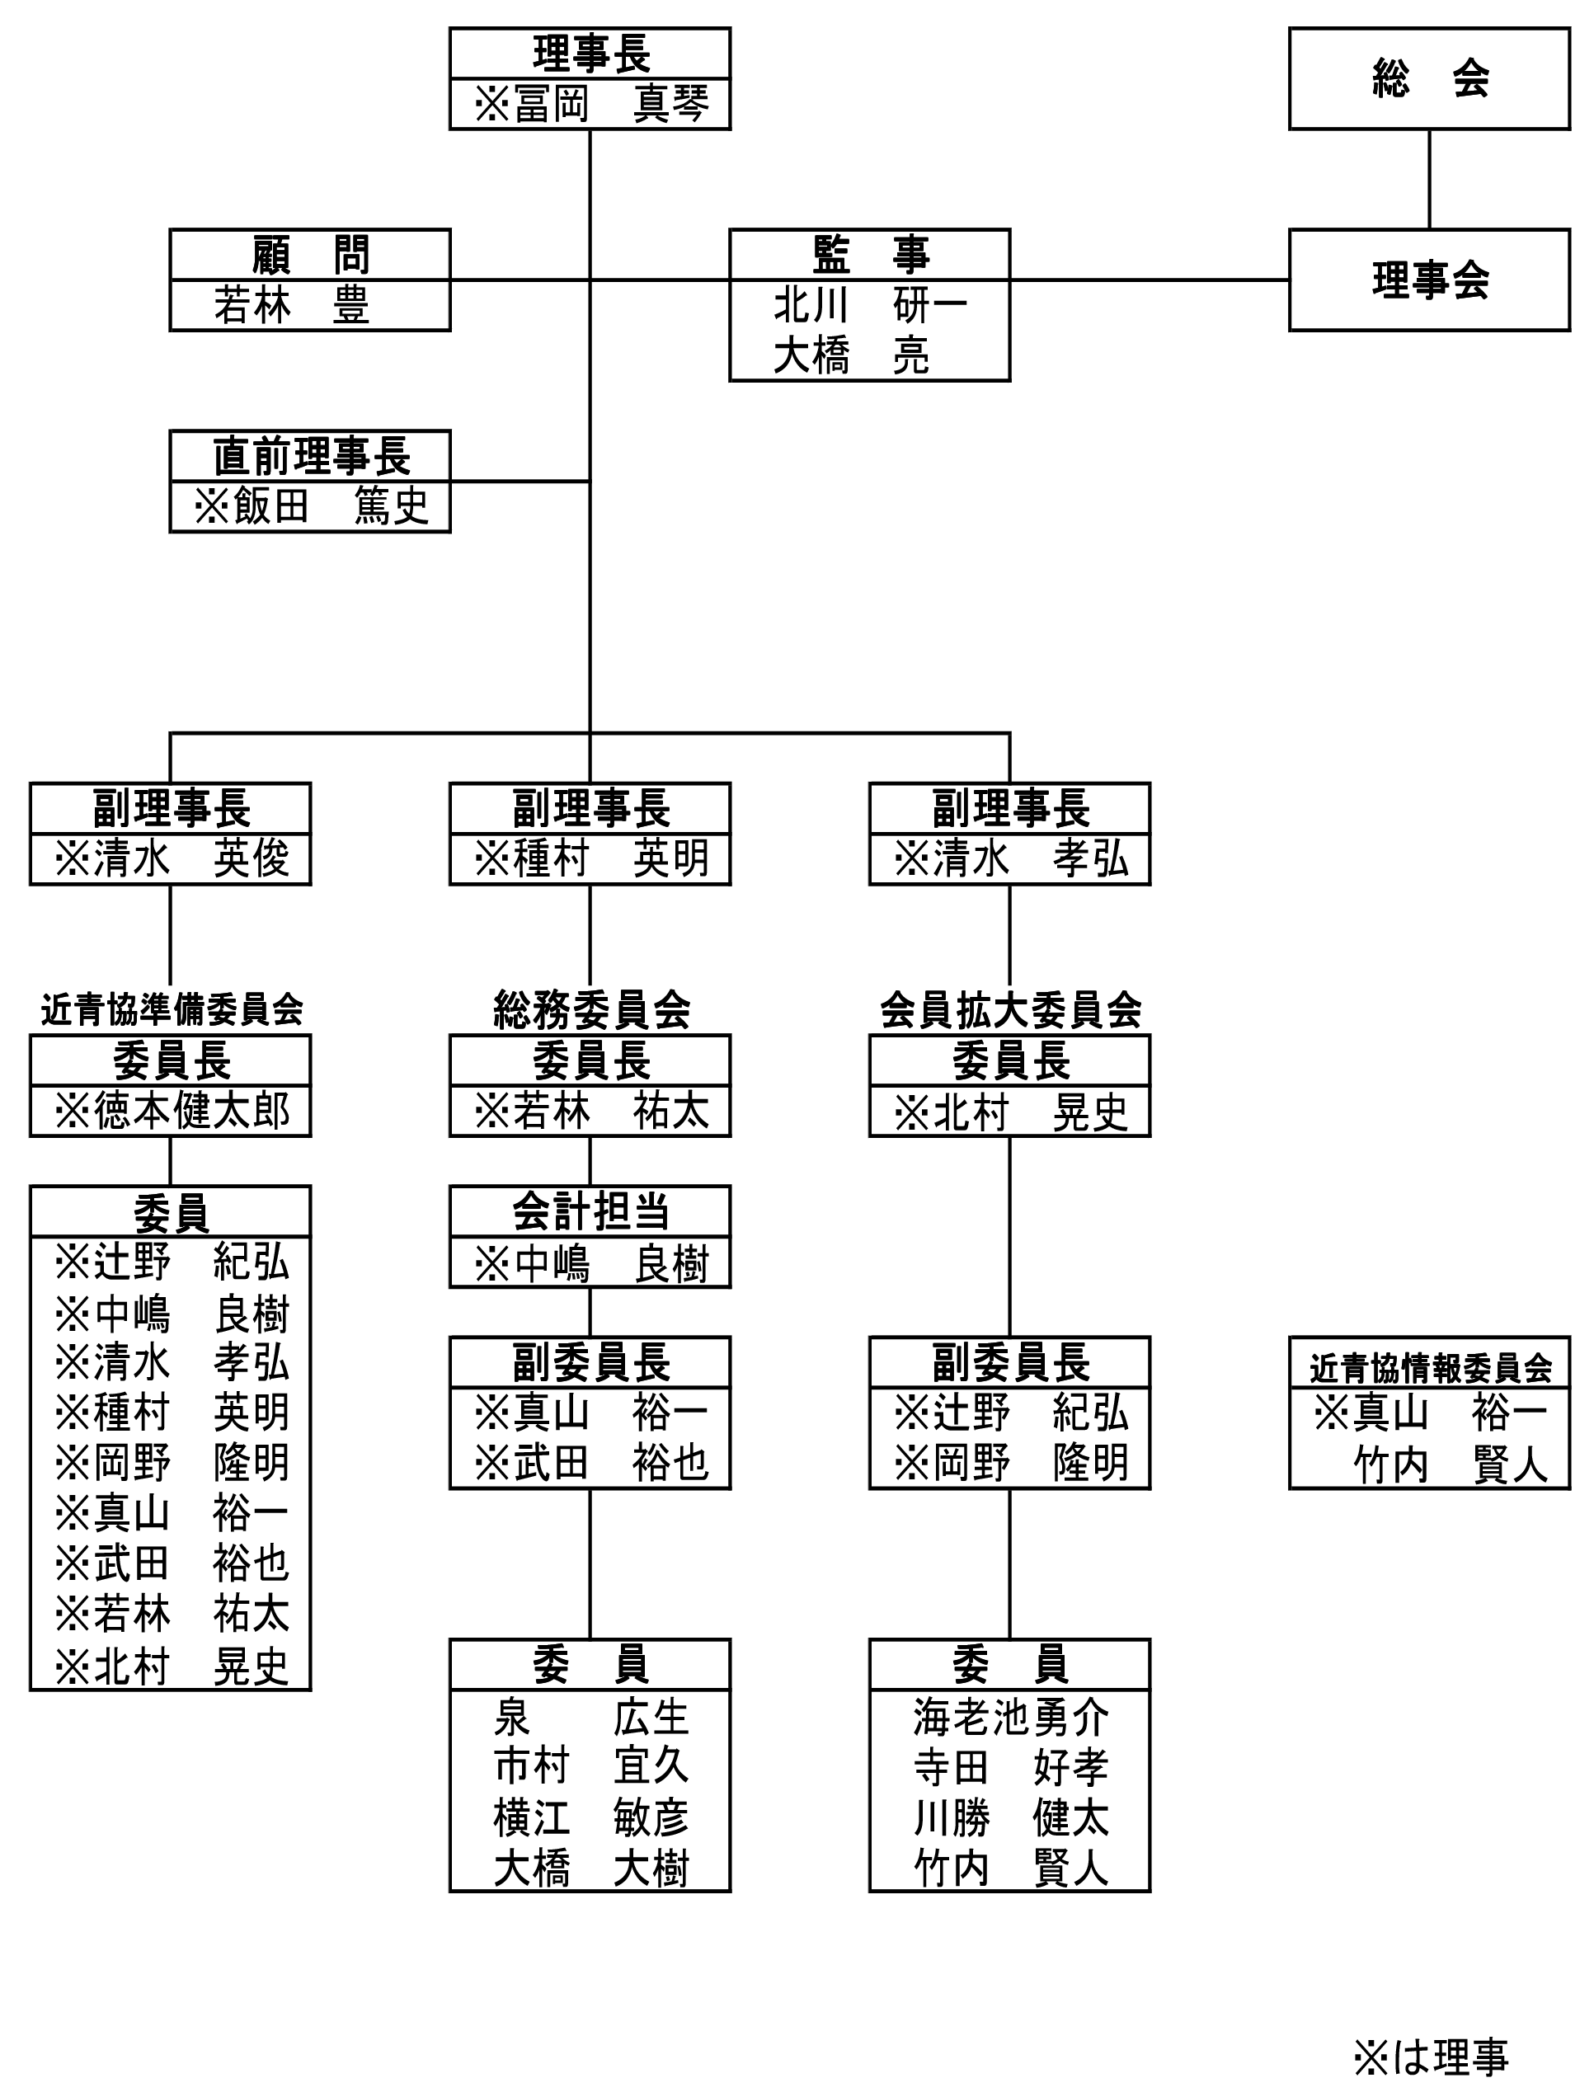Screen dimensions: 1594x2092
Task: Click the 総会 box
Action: click(x=1429, y=78)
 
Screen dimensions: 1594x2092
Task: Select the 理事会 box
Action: click(x=1429, y=280)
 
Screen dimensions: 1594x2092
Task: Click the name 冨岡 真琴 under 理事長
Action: click(x=590, y=103)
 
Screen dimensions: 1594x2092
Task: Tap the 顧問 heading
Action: click(x=310, y=254)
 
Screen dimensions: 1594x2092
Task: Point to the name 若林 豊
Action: click(x=291, y=305)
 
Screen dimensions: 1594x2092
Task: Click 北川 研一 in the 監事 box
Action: click(x=870, y=305)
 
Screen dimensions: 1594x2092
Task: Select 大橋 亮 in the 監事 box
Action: click(x=851, y=355)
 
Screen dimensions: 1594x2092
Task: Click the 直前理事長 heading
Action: click(x=311, y=456)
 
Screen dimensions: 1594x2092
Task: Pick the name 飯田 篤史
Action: click(x=311, y=506)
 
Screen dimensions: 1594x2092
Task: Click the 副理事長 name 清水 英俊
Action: click(x=172, y=858)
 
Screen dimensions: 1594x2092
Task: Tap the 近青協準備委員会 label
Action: click(x=172, y=1009)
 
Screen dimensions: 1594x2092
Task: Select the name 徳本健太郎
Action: click(x=172, y=1111)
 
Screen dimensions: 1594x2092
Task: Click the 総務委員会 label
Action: click(x=591, y=1009)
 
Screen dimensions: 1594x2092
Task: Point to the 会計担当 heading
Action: click(x=591, y=1211)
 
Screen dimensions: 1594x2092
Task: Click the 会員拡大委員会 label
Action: click(x=1010, y=1009)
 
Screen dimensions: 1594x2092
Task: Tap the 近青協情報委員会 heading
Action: click(x=1430, y=1368)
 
